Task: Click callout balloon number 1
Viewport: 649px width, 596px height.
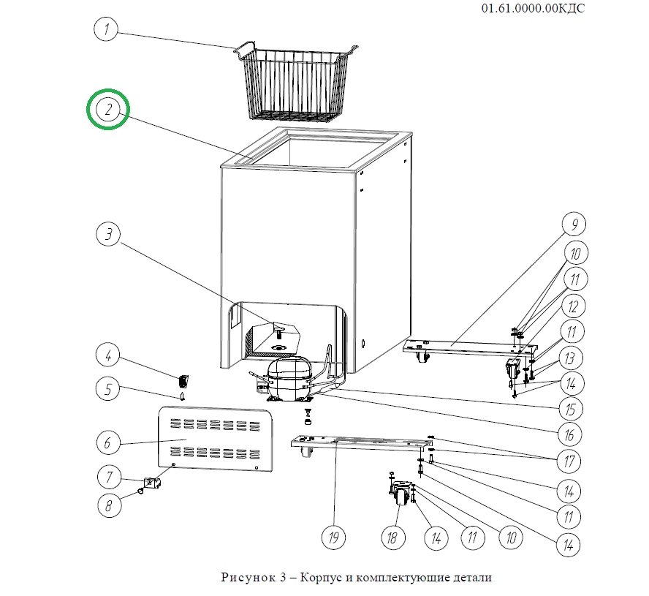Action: [107, 31]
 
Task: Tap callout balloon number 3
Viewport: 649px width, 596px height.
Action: [108, 235]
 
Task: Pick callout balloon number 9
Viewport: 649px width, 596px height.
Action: [574, 224]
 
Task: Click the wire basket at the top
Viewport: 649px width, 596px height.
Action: [297, 84]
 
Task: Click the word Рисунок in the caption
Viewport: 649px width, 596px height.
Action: [247, 578]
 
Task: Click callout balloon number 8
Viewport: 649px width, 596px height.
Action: [108, 504]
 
